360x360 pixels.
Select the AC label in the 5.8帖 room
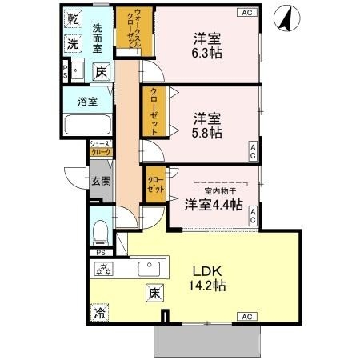[252, 149]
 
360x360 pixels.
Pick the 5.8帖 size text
[206, 134]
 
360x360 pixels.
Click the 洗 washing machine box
[73, 43]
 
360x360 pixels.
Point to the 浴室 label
[86, 102]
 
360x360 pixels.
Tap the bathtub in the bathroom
[86, 126]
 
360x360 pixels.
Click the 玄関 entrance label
[99, 182]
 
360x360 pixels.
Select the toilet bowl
[100, 231]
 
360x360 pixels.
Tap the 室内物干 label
[217, 190]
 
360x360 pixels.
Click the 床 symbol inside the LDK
[153, 293]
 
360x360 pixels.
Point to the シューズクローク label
[100, 148]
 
